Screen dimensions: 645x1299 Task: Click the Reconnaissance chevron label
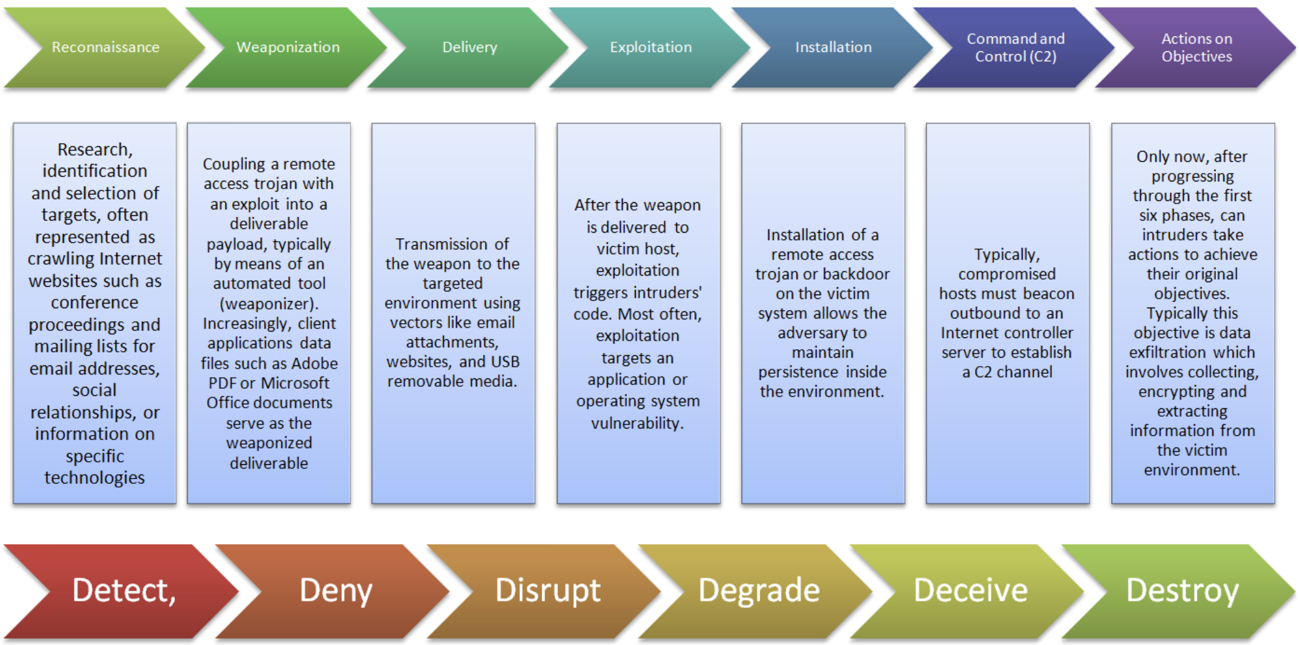click(x=105, y=47)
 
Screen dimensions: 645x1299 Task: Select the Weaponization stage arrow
click(x=287, y=47)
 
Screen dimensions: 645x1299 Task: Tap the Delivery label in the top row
click(x=469, y=47)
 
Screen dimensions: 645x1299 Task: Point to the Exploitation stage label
click(x=651, y=47)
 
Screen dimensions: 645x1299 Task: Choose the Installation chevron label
click(x=833, y=47)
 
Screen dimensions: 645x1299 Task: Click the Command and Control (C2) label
click(x=1016, y=47)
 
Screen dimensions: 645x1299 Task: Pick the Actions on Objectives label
click(x=1196, y=47)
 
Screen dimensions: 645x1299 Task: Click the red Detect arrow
click(x=124, y=590)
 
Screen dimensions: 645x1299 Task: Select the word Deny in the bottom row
click(x=335, y=590)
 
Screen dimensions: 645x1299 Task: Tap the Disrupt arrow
click(x=547, y=590)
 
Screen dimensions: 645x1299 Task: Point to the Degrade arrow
click(x=759, y=590)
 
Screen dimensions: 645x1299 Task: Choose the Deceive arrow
click(x=970, y=590)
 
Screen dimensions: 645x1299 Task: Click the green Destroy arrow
click(x=1182, y=590)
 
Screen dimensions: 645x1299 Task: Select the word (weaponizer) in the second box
click(x=269, y=304)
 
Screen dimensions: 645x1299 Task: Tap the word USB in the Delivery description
click(x=505, y=362)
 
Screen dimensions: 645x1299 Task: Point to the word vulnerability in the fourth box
click(x=636, y=423)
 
